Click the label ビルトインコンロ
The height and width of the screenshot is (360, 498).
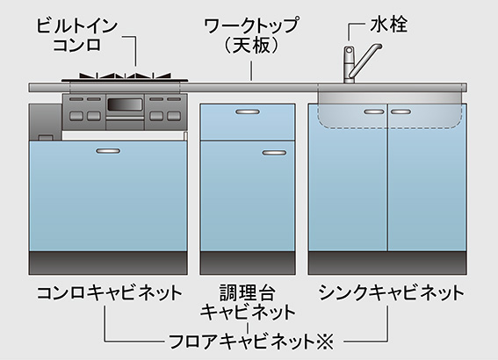point(77,35)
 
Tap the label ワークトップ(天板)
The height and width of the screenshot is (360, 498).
point(251,35)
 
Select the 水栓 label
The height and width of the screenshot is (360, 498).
point(388,24)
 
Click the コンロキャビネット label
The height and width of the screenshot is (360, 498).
point(109,292)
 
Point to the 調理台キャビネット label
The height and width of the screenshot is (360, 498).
point(248,302)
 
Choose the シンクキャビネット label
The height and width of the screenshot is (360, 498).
point(392,292)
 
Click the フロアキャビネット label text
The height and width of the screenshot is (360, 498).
point(242,342)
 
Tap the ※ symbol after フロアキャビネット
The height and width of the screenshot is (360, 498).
point(325,342)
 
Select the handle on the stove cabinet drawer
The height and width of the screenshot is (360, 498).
point(108,151)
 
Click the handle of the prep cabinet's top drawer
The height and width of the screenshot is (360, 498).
point(248,112)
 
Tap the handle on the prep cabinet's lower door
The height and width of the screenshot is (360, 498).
point(274,153)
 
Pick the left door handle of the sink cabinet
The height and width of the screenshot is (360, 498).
point(374,112)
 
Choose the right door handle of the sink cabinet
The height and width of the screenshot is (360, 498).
point(401,112)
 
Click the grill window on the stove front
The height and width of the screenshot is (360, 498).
point(125,104)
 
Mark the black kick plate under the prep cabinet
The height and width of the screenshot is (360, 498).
point(248,263)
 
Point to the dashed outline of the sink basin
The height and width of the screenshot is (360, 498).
point(389,127)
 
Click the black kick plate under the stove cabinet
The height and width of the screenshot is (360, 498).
point(108,263)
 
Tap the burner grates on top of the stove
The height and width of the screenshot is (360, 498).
point(125,76)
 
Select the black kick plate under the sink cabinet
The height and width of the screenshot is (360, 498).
point(387,263)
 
